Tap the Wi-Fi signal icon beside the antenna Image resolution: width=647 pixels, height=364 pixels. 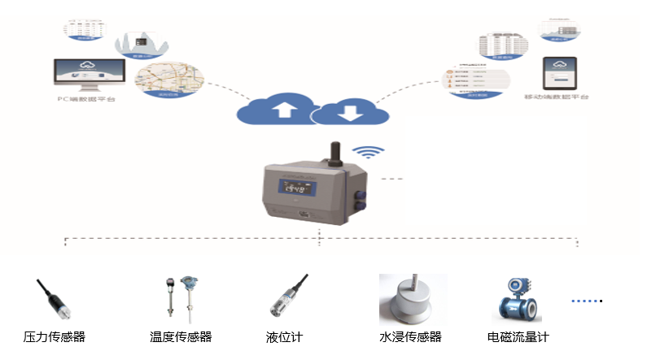(371, 151)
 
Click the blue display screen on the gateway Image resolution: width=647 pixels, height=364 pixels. (294, 188)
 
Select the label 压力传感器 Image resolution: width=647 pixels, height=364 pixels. (55, 337)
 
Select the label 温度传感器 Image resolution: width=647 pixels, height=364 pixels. (181, 337)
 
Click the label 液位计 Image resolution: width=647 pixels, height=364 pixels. (284, 337)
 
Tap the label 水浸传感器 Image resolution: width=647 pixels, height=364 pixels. (410, 337)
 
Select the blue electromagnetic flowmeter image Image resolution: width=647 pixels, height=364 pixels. (520, 297)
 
